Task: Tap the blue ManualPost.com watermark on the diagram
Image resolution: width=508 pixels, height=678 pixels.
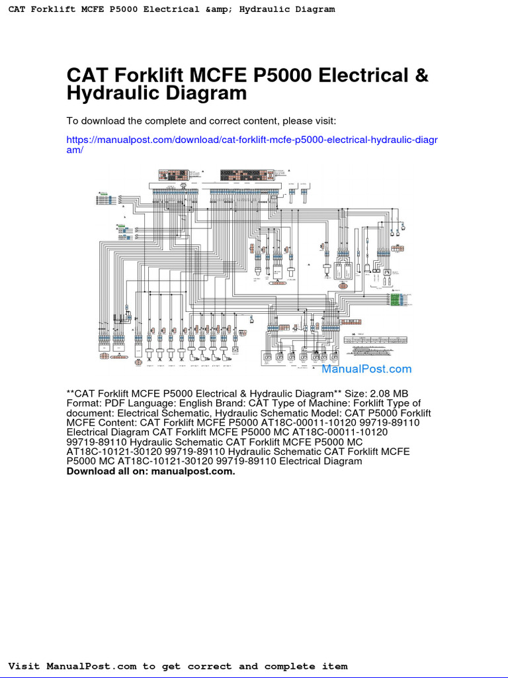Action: pyautogui.click(x=366, y=369)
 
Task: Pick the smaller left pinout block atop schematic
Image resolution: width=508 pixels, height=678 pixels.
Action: pyautogui.click(x=173, y=175)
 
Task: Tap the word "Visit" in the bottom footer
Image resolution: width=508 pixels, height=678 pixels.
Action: pyautogui.click(x=24, y=666)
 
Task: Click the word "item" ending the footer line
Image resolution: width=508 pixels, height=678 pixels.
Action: pyautogui.click(x=333, y=666)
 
